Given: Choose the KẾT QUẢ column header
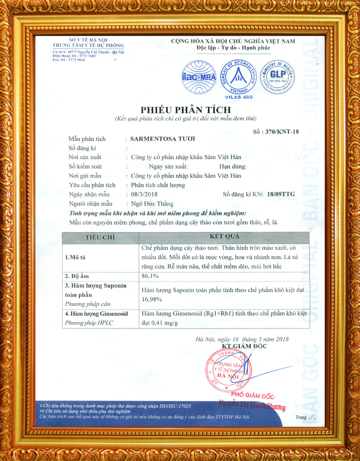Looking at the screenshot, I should [x=224, y=236].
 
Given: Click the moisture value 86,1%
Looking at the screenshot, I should [x=151, y=276].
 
